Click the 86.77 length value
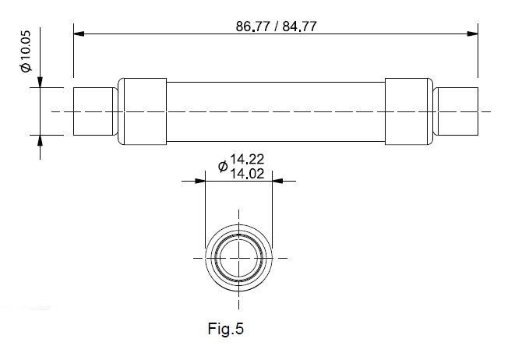coord(252,26)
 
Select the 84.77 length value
coord(300,26)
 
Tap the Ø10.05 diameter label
coord(26,51)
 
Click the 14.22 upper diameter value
coord(247,159)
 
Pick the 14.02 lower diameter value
coord(247,174)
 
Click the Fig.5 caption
coord(225,329)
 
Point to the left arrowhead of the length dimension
coord(79,34)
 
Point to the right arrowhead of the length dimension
coord(473,34)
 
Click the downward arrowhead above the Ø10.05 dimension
coord(41,83)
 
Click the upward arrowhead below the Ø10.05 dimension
coord(41,140)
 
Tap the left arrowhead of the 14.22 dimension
coord(200,182)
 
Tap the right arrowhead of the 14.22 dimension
coord(277,182)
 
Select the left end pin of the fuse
coord(93,111)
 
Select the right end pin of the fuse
coord(458,111)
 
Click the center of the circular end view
coord(239,258)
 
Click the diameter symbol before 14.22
coord(223,166)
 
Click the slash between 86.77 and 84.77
coord(277,26)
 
